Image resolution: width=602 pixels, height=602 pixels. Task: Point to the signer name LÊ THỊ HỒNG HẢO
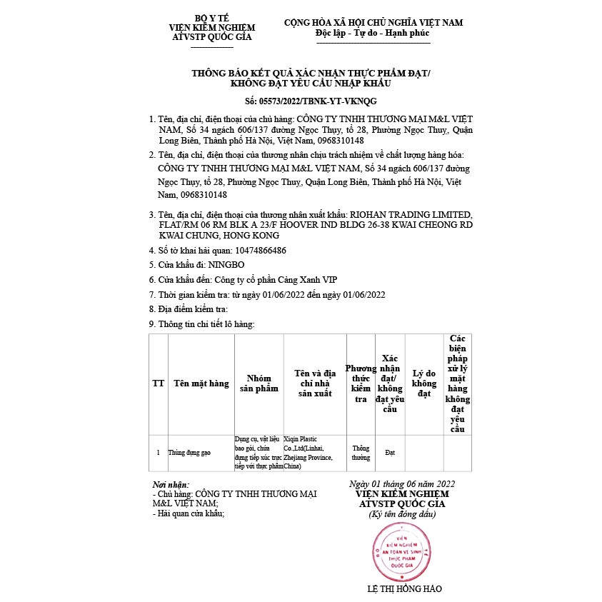pyautogui.click(x=404, y=589)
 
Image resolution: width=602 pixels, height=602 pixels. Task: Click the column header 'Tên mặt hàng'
pyautogui.click(x=201, y=383)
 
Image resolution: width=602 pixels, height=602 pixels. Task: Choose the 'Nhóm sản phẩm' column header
pyautogui.click(x=259, y=383)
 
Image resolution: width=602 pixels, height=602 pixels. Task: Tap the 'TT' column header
pyautogui.click(x=158, y=383)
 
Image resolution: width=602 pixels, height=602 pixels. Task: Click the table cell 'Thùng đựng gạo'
pyautogui.click(x=189, y=453)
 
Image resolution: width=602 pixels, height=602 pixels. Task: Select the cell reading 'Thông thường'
pyautogui.click(x=361, y=453)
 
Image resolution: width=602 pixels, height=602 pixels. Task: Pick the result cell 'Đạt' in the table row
pyautogui.click(x=390, y=453)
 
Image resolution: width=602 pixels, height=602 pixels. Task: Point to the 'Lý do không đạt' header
pyautogui.click(x=424, y=383)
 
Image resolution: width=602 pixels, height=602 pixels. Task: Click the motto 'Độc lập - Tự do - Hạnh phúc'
pyautogui.click(x=373, y=34)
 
